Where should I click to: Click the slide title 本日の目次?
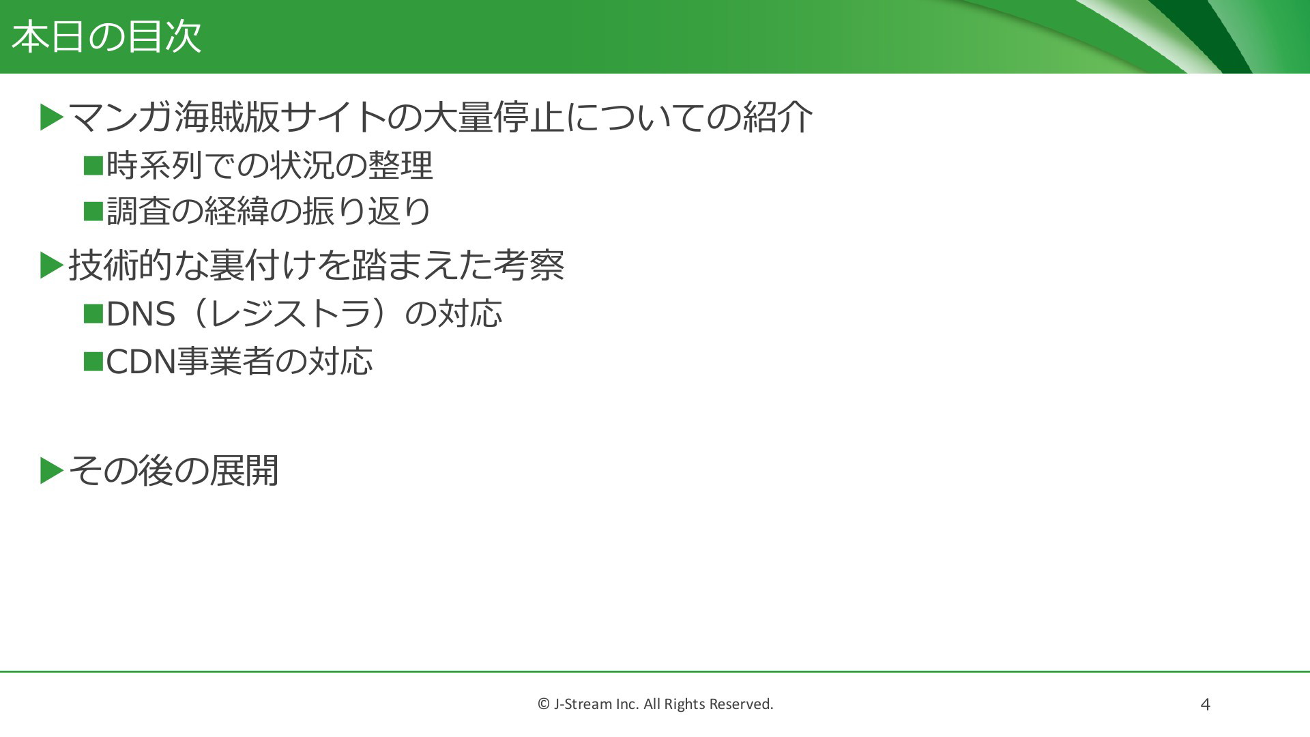pyautogui.click(x=106, y=37)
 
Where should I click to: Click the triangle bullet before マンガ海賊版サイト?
pyautogui.click(x=52, y=117)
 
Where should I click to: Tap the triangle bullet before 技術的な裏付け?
pyautogui.click(x=52, y=265)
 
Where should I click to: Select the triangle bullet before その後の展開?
pyautogui.click(x=52, y=470)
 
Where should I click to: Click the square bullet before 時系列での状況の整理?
pyautogui.click(x=93, y=165)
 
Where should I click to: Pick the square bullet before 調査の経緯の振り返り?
pyautogui.click(x=93, y=211)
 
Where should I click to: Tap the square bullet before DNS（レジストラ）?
pyautogui.click(x=93, y=314)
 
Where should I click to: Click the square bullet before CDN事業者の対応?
pyautogui.click(x=93, y=361)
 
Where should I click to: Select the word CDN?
pyautogui.click(x=141, y=361)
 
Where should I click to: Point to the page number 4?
pyautogui.click(x=1205, y=704)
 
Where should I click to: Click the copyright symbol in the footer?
pyautogui.click(x=544, y=704)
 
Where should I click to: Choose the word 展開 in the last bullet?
pyautogui.click(x=244, y=470)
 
